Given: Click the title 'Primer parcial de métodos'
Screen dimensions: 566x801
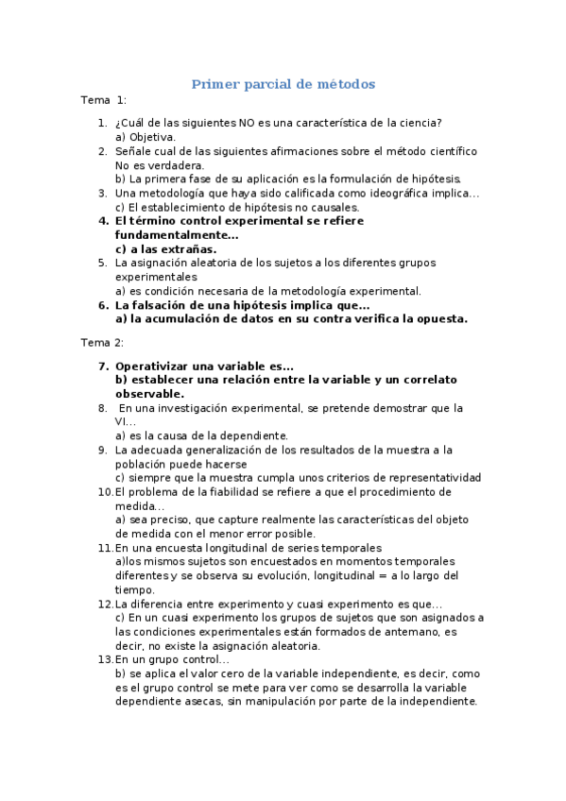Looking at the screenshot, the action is pyautogui.click(x=283, y=84).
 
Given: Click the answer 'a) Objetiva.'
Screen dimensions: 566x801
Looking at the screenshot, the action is pyautogui.click(x=145, y=137).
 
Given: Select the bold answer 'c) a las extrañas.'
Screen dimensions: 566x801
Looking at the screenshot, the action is pyautogui.click(x=165, y=249).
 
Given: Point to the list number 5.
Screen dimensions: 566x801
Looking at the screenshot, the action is pyautogui.click(x=102, y=264).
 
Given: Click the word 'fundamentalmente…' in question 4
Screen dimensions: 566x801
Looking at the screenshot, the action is pyautogui.click(x=177, y=235).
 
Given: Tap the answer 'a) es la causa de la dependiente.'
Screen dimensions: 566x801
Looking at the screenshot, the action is pyautogui.click(x=201, y=435).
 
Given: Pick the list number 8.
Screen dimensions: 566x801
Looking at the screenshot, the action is pyautogui.click(x=102, y=408).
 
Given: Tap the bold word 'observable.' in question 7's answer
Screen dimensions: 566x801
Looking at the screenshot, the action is pyautogui.click(x=149, y=394).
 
